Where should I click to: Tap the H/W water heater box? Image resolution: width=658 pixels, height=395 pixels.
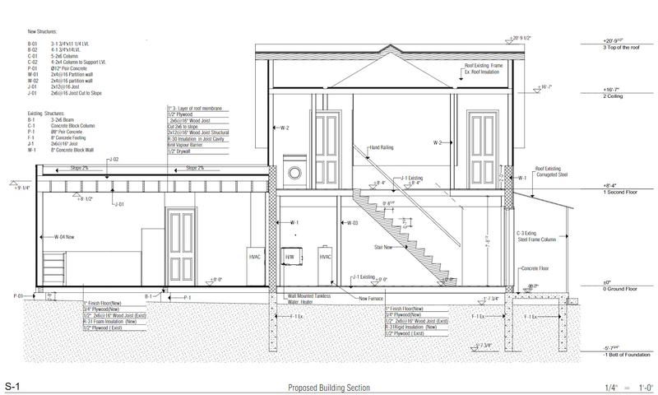click(x=290, y=257)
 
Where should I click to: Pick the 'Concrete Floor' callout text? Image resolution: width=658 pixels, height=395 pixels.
click(x=535, y=268)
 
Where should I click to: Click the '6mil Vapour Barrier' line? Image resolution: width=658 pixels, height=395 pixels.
click(x=186, y=145)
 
